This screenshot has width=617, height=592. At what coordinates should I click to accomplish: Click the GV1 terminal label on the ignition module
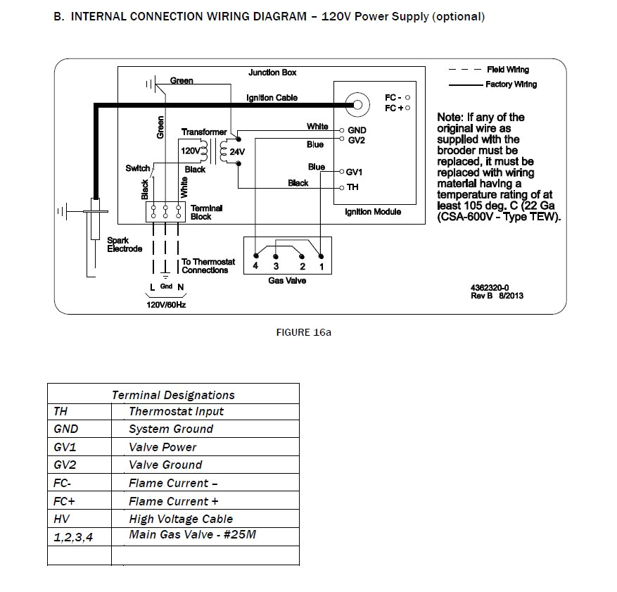coord(355,172)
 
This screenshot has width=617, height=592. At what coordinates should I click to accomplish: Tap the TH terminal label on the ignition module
coord(352,187)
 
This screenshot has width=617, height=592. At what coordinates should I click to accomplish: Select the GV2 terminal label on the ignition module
coord(356,140)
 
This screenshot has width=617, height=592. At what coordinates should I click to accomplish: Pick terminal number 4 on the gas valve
coord(255,266)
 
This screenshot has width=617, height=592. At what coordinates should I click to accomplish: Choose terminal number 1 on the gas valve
coord(321,266)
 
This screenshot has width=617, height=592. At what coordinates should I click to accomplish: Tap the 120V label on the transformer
coord(190,151)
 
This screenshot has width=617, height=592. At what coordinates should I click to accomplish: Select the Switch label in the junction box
coord(137,168)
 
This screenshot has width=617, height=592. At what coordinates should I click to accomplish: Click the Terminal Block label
coord(206,212)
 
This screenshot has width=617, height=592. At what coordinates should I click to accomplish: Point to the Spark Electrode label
coord(125,244)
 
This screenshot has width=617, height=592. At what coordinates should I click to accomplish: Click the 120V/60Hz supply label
coord(166,306)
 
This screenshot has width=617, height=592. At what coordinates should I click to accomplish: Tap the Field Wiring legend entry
coord(507,70)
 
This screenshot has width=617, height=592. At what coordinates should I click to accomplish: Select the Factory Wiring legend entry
coord(511,84)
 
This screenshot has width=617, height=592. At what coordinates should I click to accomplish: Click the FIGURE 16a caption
coord(303,332)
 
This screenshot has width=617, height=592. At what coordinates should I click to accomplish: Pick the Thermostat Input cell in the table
coord(176,411)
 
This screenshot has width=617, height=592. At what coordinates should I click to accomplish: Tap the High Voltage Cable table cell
coord(181,519)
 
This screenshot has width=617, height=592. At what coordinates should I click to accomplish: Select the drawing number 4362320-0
coord(490,287)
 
